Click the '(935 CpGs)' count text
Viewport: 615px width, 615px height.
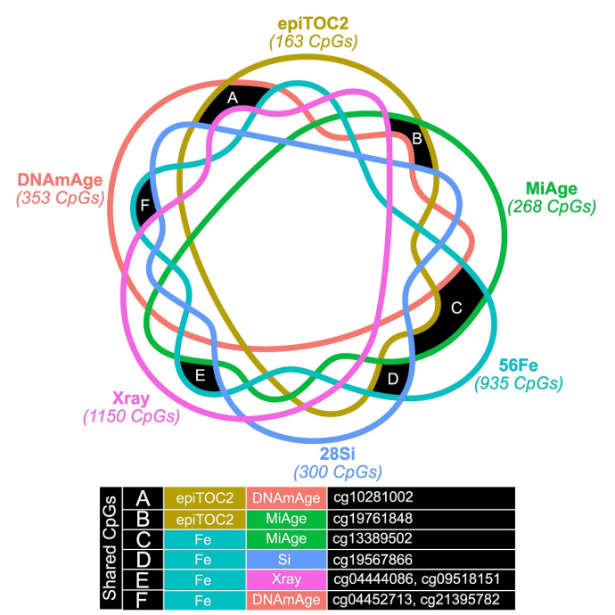(x=520, y=383)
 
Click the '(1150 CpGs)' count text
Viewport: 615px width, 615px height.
(x=130, y=416)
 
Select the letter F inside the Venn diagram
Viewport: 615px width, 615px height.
(x=145, y=202)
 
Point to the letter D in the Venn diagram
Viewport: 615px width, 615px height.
(x=393, y=378)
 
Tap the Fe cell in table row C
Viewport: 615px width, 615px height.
(x=201, y=537)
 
